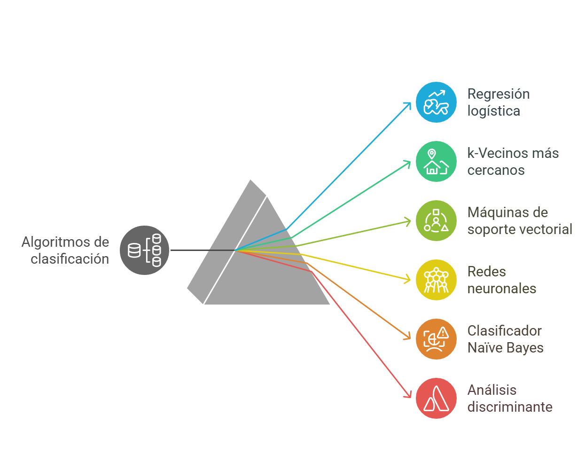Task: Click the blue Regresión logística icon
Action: pyautogui.click(x=436, y=102)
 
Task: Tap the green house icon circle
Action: pyautogui.click(x=436, y=162)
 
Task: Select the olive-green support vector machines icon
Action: pyautogui.click(x=436, y=221)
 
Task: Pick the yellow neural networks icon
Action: pyautogui.click(x=436, y=280)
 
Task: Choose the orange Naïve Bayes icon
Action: pyautogui.click(x=436, y=339)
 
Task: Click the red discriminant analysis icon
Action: pyautogui.click(x=436, y=399)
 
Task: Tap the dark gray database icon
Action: pyautogui.click(x=144, y=250)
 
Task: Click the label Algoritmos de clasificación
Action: pyautogui.click(x=66, y=250)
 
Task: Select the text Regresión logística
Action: pyautogui.click(x=498, y=102)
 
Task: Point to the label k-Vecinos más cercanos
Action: pyautogui.click(x=513, y=162)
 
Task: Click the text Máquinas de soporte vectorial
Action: pyautogui.click(x=519, y=221)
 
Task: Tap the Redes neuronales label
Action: pyautogui.click(x=501, y=280)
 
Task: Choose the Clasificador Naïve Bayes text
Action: pyautogui.click(x=505, y=339)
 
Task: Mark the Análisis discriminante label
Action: pyautogui.click(x=509, y=399)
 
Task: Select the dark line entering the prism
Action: pyautogui.click(x=202, y=250)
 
